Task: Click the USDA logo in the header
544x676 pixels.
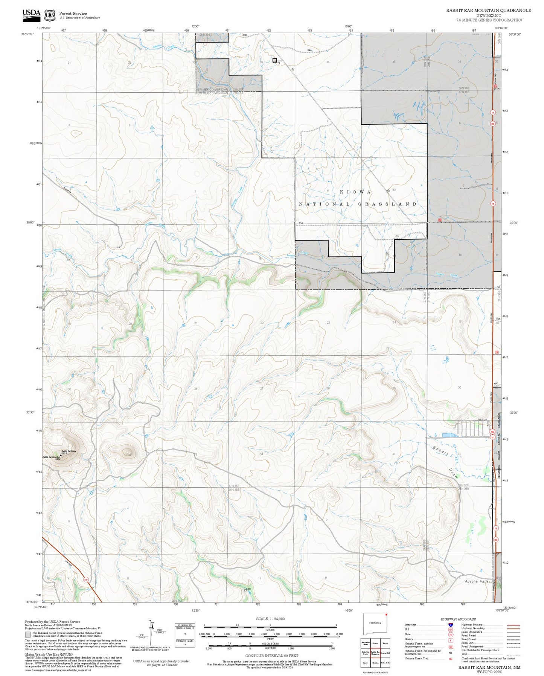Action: [x=31, y=14]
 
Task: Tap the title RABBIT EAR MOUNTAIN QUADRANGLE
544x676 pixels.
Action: [x=489, y=11]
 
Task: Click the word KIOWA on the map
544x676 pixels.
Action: [x=355, y=192]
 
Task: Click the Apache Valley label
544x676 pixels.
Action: [x=477, y=581]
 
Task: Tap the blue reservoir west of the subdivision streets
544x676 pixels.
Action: [x=448, y=435]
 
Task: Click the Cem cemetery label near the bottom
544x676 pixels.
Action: [x=248, y=589]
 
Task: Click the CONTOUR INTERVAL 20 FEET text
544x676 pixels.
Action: [x=271, y=656]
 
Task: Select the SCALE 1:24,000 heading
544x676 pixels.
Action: [x=270, y=619]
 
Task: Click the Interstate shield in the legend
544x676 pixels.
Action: [x=450, y=625]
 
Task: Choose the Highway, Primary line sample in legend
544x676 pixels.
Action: [x=513, y=625]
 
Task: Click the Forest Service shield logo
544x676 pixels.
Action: [x=50, y=15]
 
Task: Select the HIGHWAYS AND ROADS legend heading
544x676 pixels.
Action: [x=458, y=619]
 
